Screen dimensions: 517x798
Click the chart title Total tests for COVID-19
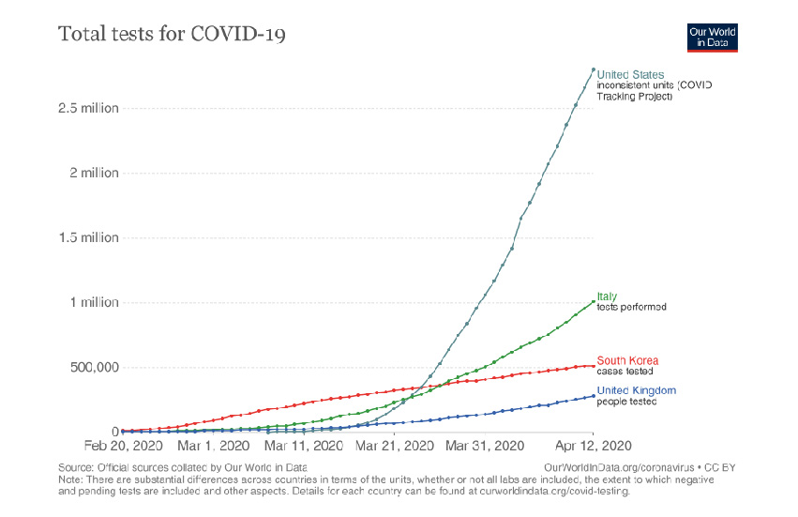pos(172,35)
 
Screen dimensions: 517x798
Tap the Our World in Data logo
pos(712,38)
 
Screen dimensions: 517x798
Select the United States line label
pos(630,75)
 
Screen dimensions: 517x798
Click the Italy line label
pos(607,297)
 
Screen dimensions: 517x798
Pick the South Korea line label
pos(627,360)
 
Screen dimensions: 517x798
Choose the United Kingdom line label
pos(636,390)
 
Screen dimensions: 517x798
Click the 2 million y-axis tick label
pos(93,173)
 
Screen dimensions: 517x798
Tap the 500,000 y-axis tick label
pos(89,367)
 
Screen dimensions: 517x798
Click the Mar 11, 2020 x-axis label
pos(303,446)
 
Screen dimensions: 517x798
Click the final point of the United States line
pos(593,69)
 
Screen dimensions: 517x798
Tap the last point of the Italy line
pos(593,302)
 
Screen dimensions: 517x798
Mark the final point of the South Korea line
pos(593,366)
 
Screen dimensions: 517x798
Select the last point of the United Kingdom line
pos(593,396)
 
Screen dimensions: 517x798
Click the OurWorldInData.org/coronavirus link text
pos(610,466)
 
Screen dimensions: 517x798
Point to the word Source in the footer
pos(75,466)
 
